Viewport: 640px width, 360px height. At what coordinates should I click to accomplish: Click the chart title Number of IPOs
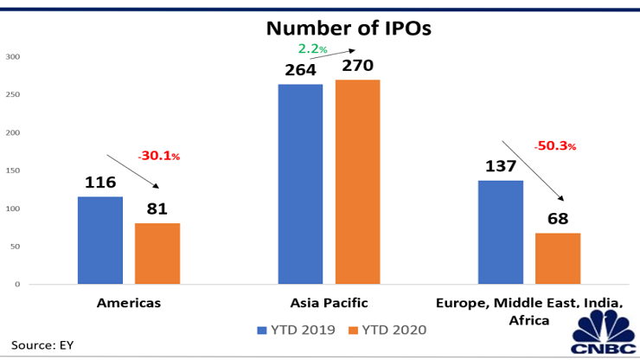(x=349, y=29)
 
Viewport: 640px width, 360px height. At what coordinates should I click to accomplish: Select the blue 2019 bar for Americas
(x=100, y=241)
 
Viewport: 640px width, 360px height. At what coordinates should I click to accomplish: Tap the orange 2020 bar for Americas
(x=157, y=254)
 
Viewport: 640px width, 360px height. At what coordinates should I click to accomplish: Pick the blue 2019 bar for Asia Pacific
(x=300, y=183)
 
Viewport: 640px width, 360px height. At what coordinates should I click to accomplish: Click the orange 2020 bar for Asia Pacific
(x=357, y=182)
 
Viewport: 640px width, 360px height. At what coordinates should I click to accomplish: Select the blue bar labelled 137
(x=501, y=232)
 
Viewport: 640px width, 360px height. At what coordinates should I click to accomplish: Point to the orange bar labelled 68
(x=558, y=258)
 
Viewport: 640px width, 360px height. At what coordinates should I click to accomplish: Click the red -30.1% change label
(x=159, y=156)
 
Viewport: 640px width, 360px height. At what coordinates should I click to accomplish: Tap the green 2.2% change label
(x=313, y=48)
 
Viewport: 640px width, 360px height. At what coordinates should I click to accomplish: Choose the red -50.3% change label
(x=555, y=146)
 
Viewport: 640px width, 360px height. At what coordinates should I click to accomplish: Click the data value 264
(x=300, y=70)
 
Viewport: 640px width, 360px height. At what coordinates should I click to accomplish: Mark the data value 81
(x=157, y=209)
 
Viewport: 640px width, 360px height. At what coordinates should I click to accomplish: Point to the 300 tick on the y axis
(x=13, y=57)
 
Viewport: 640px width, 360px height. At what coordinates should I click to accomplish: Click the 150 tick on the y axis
(x=13, y=170)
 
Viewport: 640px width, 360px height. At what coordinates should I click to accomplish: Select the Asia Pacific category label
(x=329, y=303)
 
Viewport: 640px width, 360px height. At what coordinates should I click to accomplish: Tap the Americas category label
(x=129, y=303)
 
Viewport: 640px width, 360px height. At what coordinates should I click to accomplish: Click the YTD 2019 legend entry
(x=296, y=330)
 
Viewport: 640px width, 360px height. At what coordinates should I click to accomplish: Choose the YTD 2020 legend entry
(x=387, y=330)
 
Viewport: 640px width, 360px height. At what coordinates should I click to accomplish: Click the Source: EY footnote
(x=42, y=345)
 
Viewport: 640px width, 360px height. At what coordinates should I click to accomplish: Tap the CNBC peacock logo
(x=603, y=331)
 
